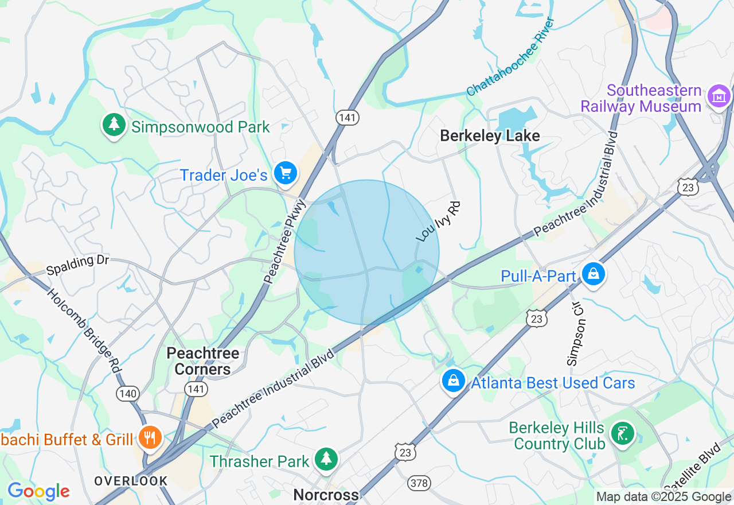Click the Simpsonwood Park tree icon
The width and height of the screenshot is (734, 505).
(x=114, y=125)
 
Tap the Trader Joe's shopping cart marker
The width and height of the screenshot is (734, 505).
(x=285, y=173)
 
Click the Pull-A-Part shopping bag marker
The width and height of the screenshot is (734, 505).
(x=594, y=274)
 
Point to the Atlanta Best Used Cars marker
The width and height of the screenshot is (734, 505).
(x=454, y=380)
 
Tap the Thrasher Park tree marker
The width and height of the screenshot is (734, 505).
(x=326, y=459)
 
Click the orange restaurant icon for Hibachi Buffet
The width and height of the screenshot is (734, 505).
(x=150, y=438)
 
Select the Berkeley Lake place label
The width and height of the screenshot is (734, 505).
(x=490, y=135)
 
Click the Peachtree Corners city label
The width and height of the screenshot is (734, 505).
(x=203, y=361)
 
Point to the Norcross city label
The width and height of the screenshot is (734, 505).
(x=326, y=495)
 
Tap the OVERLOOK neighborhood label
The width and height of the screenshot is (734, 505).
(x=131, y=481)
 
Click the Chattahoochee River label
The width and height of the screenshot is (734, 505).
(x=510, y=56)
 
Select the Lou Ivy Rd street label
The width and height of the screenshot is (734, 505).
(x=439, y=222)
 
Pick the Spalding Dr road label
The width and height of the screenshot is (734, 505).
(x=78, y=265)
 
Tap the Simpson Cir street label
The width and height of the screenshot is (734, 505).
(x=577, y=334)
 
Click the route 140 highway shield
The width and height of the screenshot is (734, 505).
(x=127, y=393)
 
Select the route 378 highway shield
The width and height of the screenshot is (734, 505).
(x=419, y=483)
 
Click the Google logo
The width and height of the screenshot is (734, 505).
(x=38, y=491)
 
